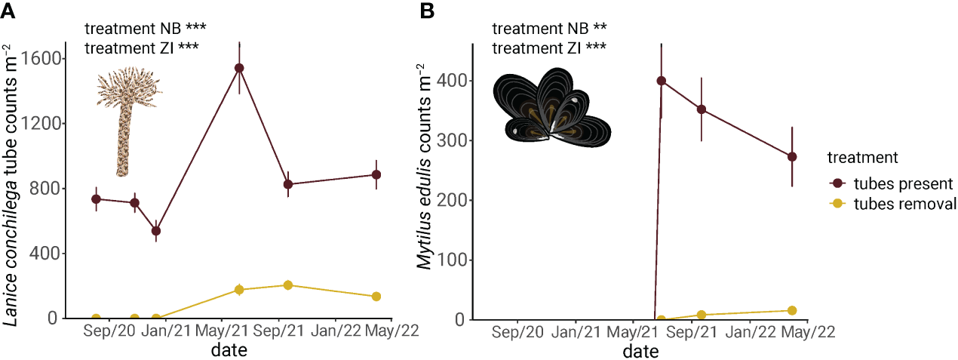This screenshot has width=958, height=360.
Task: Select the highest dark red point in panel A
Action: (239, 68)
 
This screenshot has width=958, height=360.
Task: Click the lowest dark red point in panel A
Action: (156, 231)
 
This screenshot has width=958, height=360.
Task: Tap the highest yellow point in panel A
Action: (287, 285)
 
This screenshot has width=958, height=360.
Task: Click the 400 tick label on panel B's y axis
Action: (450, 81)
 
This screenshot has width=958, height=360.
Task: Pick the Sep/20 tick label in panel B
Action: (517, 332)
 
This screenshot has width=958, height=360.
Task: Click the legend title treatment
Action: (862, 158)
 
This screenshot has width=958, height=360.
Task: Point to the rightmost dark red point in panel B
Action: (792, 156)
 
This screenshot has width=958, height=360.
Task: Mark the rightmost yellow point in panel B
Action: (792, 310)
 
